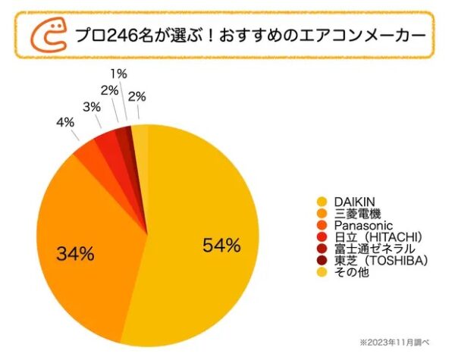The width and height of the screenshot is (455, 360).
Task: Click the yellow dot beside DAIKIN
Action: click(322, 202)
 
